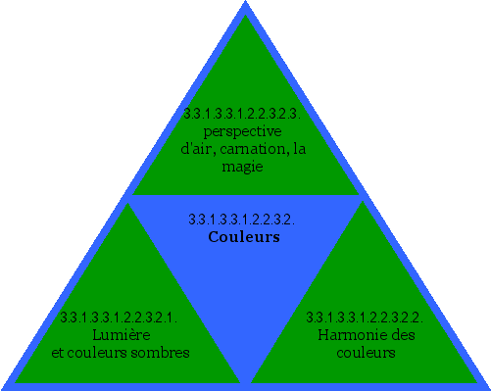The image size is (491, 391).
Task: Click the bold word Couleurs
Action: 244,237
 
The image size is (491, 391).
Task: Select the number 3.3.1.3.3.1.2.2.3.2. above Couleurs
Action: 241,219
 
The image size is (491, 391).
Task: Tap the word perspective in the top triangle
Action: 242,131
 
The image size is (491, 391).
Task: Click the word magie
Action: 243,167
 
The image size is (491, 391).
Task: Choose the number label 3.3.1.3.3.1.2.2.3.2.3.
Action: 242,114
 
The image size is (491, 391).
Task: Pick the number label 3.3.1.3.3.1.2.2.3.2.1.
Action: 118,318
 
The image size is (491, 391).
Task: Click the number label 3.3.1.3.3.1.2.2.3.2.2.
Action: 365,318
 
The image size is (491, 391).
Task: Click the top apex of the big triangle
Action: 245,3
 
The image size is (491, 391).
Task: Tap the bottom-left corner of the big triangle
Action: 3,387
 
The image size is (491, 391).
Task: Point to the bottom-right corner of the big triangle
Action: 487,387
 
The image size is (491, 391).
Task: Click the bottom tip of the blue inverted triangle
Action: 245,382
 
